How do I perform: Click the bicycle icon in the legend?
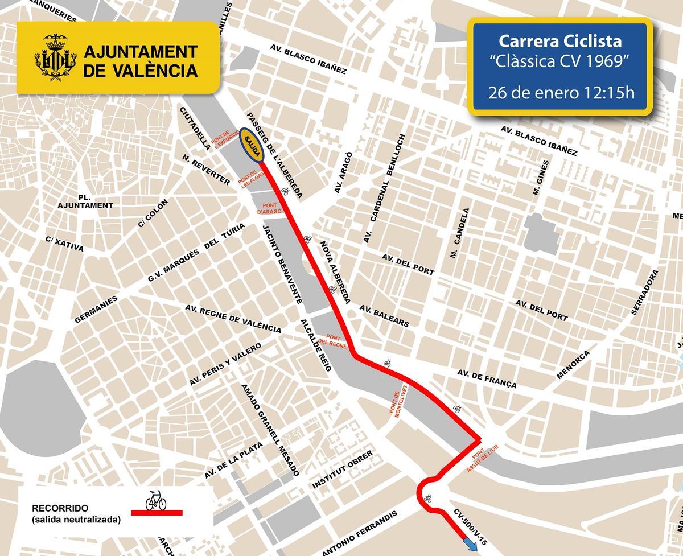[156, 500]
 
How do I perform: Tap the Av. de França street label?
[487, 378]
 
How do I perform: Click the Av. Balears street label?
[384, 316]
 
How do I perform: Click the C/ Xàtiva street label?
[64, 244]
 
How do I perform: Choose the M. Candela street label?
[459, 233]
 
